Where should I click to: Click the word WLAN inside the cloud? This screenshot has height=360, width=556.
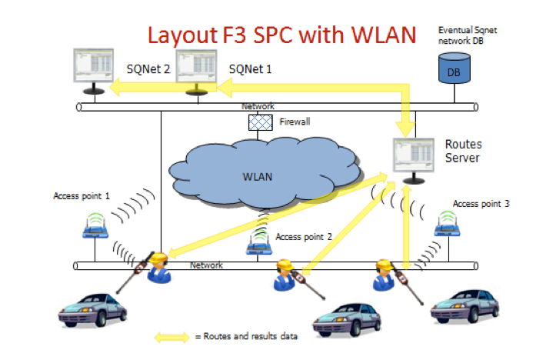[x=258, y=176]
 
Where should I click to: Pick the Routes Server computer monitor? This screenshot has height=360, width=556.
[x=411, y=158]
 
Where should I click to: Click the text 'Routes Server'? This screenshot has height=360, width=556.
[x=463, y=151]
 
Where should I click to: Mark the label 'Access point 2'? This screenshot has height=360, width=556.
[x=303, y=237]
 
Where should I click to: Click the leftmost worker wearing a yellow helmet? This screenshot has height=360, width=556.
[x=159, y=266]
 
